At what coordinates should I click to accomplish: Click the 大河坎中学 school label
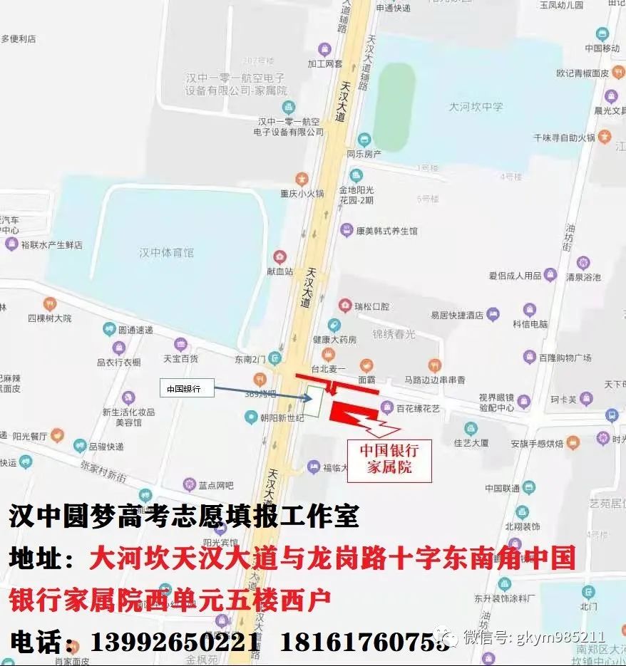coord(476,107)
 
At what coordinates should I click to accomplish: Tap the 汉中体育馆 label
coord(167,252)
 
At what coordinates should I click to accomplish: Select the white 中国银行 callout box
coord(183,389)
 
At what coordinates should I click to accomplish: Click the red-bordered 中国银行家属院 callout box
coord(389,458)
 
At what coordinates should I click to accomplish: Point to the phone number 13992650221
coord(175,642)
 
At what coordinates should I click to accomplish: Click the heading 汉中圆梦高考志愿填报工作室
coord(184,516)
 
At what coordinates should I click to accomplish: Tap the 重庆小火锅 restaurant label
coord(302,193)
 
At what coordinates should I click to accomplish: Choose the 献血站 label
coord(279,271)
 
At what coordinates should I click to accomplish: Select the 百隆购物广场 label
coord(565,357)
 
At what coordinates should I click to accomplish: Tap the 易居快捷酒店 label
coord(456,315)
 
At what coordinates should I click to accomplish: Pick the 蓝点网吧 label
coord(215,485)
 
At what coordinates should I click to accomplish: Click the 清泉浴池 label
coord(583,277)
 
